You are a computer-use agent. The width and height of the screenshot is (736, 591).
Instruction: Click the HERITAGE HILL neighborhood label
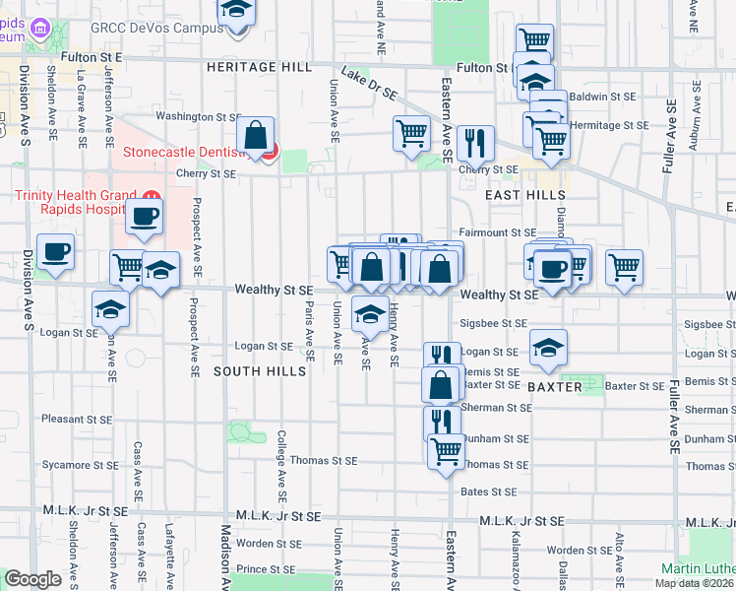tap(260, 67)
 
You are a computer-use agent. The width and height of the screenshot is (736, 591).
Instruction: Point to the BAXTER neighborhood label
tap(555, 388)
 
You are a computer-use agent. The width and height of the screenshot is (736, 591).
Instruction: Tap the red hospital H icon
tap(151, 194)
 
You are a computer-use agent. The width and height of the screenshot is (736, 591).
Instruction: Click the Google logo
tap(32, 578)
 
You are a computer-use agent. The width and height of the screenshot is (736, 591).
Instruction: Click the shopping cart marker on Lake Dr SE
tap(411, 132)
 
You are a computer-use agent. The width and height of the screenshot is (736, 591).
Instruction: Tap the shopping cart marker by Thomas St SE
tap(447, 452)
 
